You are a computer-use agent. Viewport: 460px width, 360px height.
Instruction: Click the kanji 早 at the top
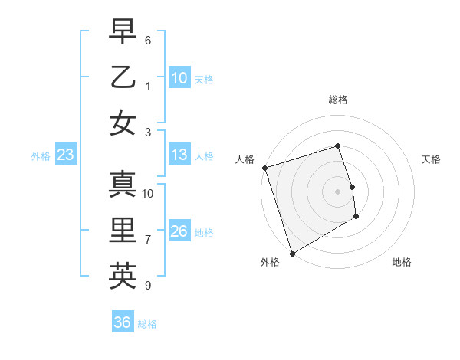[x=122, y=31]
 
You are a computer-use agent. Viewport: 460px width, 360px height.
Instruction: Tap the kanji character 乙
[x=122, y=77]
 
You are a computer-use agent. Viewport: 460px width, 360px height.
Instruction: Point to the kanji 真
[x=122, y=184]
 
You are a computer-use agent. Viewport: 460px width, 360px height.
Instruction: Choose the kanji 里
[x=122, y=231]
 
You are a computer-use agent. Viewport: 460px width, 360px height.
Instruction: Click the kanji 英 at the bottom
[x=122, y=277]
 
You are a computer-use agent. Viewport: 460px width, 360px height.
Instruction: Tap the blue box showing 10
[x=179, y=77]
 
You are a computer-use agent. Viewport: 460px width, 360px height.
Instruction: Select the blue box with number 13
[x=179, y=155]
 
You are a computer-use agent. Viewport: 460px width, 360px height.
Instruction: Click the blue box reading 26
[x=179, y=231]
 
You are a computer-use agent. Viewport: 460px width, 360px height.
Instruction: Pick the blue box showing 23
[x=65, y=155]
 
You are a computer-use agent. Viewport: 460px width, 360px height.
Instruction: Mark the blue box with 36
[x=123, y=322]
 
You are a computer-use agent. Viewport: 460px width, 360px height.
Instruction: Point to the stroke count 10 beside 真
[x=148, y=193]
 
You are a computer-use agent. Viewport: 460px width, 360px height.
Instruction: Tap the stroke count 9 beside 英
[x=148, y=286]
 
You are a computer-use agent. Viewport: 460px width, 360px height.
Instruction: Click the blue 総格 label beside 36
[x=147, y=324]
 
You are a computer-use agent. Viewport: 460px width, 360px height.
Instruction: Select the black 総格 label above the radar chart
[x=337, y=100]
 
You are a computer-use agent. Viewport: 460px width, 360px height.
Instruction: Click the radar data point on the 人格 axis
[x=264, y=168]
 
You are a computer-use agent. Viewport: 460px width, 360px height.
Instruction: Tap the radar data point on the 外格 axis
[x=291, y=253]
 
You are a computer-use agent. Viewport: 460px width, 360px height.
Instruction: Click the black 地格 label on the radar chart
[x=402, y=263]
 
